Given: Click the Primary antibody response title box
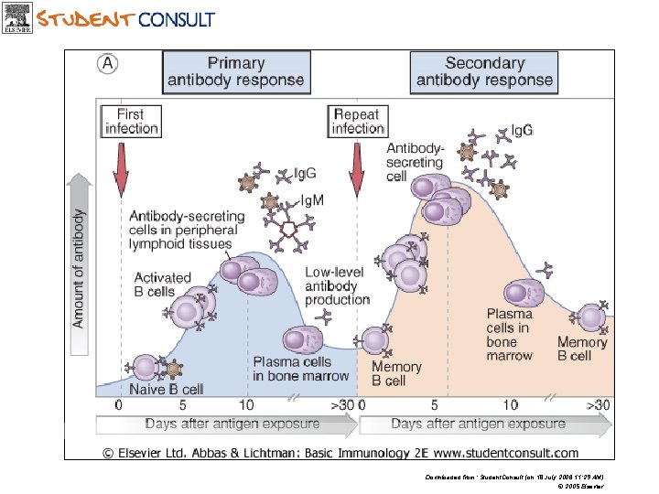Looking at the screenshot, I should pyautogui.click(x=236, y=72).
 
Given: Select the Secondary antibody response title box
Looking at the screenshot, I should pyautogui.click(x=484, y=72).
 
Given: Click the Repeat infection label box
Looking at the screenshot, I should pyautogui.click(x=357, y=122).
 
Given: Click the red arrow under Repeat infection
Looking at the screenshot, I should pyautogui.click(x=357, y=168).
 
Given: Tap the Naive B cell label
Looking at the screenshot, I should pyautogui.click(x=166, y=390).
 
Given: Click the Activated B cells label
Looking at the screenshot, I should pyautogui.click(x=162, y=285).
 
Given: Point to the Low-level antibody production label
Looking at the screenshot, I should pyautogui.click(x=337, y=285).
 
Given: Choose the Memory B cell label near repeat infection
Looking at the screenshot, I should pyautogui.click(x=396, y=373).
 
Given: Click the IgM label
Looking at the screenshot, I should pyautogui.click(x=312, y=199).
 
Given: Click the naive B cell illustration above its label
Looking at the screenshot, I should pyautogui.click(x=145, y=368).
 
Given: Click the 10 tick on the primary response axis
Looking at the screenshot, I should pyautogui.click(x=246, y=405).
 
